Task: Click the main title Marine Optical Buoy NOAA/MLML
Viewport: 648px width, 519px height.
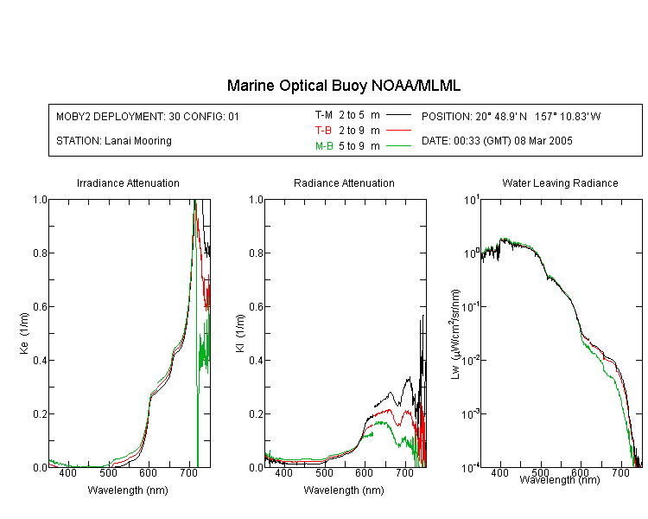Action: pos(343,86)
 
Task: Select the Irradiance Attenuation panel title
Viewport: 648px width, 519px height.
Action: pos(128,183)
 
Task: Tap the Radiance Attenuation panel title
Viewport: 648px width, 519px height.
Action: pos(344,183)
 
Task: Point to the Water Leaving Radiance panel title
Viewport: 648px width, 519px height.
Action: pos(560,183)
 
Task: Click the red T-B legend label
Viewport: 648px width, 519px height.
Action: pos(323,131)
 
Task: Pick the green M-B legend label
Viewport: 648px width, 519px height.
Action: pos(324,145)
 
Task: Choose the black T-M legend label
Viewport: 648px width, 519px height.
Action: pos(324,115)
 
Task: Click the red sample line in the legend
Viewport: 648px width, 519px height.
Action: pos(398,131)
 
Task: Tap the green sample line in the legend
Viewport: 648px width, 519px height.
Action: pos(398,145)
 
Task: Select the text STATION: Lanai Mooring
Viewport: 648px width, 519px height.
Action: pos(114,141)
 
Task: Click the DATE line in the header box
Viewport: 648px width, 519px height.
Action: pos(497,141)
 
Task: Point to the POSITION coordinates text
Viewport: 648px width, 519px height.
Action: pos(511,116)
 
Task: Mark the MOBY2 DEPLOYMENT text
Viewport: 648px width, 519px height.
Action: pos(148,116)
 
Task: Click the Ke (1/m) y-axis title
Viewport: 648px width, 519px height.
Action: pos(24,334)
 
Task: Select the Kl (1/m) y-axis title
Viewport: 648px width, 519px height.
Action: pos(240,334)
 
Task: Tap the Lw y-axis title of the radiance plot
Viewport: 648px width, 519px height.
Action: pos(454,334)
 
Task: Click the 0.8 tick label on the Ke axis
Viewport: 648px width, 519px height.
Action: pos(40,253)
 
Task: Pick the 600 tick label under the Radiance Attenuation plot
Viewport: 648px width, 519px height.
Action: pos(365,472)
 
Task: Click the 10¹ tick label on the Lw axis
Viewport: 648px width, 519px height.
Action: pos(472,200)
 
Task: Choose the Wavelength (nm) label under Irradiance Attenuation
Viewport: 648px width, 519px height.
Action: pos(128,490)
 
